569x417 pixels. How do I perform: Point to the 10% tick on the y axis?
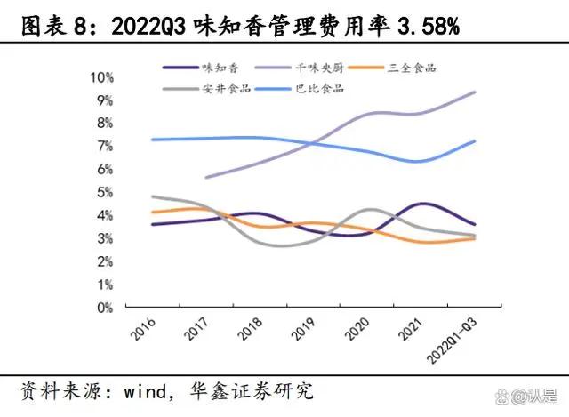click(x=100, y=77)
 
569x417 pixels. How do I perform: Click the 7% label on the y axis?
click(x=104, y=146)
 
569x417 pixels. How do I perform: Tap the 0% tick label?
click(x=104, y=308)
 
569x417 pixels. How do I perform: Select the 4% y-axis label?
click(x=104, y=215)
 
